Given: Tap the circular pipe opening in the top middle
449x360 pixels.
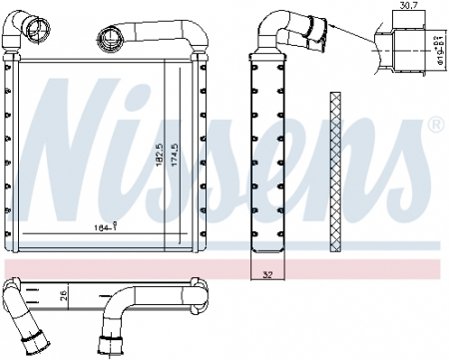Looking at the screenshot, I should (107, 39).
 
